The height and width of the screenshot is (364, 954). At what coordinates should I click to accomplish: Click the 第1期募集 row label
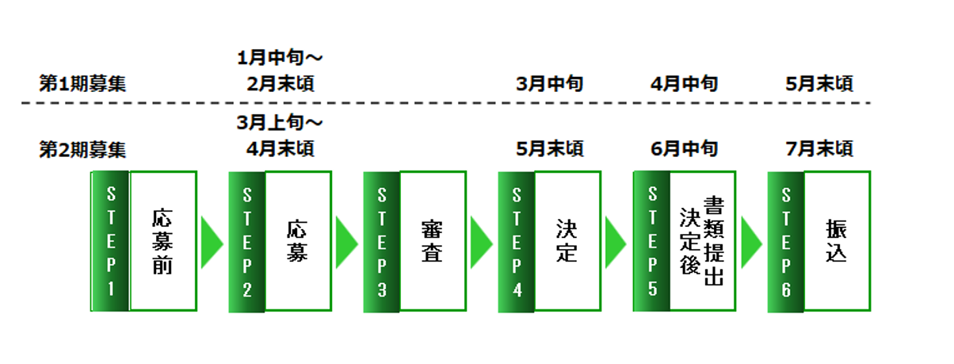pyautogui.click(x=82, y=82)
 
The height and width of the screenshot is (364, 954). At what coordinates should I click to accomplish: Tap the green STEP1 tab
pyautogui.click(x=110, y=241)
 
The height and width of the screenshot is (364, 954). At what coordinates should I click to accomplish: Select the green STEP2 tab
pyautogui.click(x=246, y=241)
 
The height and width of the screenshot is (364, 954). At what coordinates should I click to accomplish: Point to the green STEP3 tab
pyautogui.click(x=381, y=241)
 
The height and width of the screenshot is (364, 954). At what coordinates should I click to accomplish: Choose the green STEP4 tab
pyautogui.click(x=516, y=241)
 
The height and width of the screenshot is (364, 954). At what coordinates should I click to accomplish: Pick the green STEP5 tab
pyautogui.click(x=651, y=241)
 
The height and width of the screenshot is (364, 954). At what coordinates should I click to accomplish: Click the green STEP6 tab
pyautogui.click(x=786, y=241)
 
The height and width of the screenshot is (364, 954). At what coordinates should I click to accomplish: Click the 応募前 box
pyautogui.click(x=162, y=241)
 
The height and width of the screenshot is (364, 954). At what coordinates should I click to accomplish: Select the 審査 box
pyautogui.click(x=432, y=241)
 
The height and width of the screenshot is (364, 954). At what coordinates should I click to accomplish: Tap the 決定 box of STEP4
pyautogui.click(x=567, y=241)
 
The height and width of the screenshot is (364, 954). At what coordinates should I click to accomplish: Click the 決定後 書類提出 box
pyautogui.click(x=702, y=241)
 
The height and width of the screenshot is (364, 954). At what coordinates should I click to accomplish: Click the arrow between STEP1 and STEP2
pyautogui.click(x=212, y=241)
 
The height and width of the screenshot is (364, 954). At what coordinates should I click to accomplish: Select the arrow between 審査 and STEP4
pyautogui.click(x=481, y=241)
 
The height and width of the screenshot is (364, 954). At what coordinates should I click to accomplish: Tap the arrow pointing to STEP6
pyautogui.click(x=750, y=241)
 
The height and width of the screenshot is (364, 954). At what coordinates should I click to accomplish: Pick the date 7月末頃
pyautogui.click(x=820, y=148)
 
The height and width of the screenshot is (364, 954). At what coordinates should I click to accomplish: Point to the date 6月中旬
pyautogui.click(x=684, y=148)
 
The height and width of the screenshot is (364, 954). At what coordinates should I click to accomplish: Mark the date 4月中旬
pyautogui.click(x=684, y=83)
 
